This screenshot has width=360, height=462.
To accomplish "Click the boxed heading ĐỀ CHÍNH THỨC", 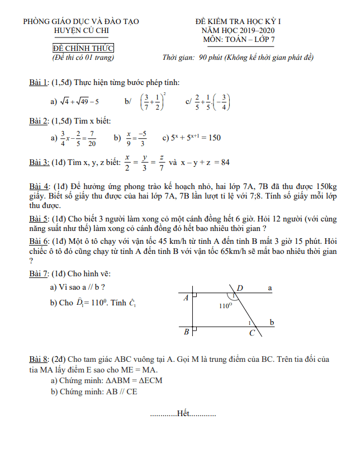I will pos(83,49).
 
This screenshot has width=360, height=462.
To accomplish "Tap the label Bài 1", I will pos(38,83).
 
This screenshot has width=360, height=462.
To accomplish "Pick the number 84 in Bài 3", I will pos(225,163).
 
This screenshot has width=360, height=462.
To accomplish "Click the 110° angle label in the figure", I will pos(226,306).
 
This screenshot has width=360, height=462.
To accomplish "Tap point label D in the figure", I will pos(240,288).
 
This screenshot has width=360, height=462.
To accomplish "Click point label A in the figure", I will pos(186,298).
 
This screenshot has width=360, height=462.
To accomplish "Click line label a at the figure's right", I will pos(270,288).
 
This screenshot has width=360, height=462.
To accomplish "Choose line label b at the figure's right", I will pos(272,322).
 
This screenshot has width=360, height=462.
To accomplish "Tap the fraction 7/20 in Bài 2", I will pos(91,138).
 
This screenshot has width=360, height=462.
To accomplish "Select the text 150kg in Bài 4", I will pos(326,186).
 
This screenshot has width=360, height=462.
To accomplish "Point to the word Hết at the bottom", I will pos(183,414).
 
